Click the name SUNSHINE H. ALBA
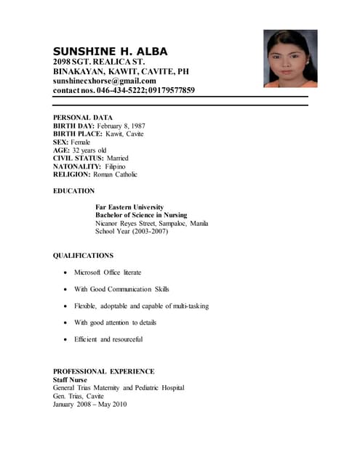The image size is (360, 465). click(x=110, y=52)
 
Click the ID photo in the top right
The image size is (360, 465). click(x=290, y=59)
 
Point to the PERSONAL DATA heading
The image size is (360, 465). click(x=82, y=117)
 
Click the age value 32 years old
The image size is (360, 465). click(x=89, y=150)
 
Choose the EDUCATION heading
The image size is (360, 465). click(x=74, y=191)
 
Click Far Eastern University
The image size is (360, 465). click(x=129, y=207)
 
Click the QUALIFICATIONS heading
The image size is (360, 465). click(x=84, y=255)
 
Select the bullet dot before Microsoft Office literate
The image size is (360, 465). click(x=66, y=272)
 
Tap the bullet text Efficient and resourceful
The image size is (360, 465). click(x=108, y=339)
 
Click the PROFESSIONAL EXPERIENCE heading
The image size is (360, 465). click(x=104, y=371)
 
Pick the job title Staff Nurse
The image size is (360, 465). click(x=70, y=379)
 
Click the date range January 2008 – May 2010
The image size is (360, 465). click(x=90, y=404)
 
